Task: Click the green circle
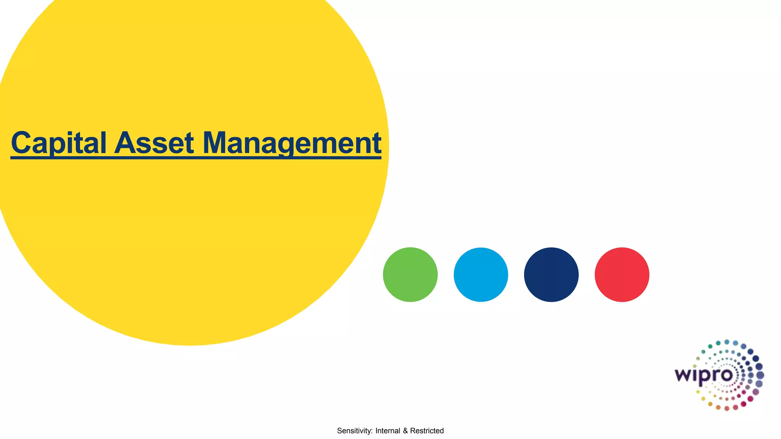click(410, 275)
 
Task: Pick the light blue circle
click(481, 275)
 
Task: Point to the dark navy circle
click(551, 275)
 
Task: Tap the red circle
click(622, 275)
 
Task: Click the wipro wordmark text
click(704, 375)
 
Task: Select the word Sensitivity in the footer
click(354, 431)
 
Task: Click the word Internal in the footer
click(388, 431)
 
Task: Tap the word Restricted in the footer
click(427, 431)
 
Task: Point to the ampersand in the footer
click(405, 431)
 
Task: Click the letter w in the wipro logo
click(683, 375)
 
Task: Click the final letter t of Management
click(376, 143)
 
